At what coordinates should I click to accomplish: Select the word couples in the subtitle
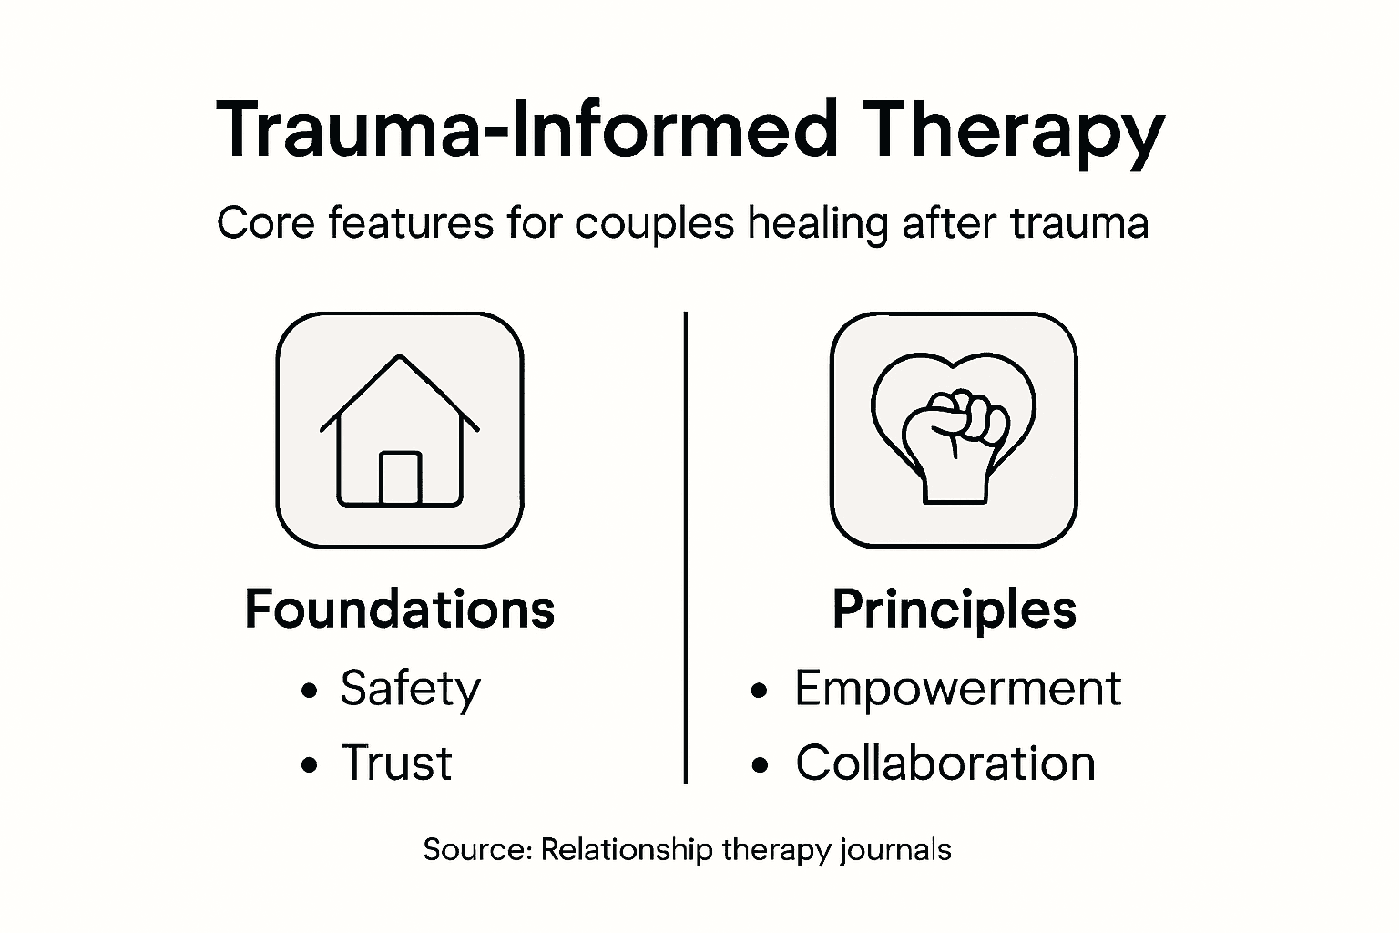654,223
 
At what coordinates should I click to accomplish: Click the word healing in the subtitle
817,223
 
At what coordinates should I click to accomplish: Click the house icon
400,430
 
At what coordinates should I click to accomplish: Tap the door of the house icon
400,477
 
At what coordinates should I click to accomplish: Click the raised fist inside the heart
955,442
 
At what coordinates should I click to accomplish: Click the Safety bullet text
410,689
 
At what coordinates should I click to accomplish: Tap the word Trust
396,763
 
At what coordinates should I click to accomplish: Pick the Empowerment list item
957,689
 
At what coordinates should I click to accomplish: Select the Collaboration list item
945,763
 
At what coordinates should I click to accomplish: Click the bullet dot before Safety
310,691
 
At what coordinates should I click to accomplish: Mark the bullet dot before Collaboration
761,765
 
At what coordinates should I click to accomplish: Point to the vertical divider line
685,547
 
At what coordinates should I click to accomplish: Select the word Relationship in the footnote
627,850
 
